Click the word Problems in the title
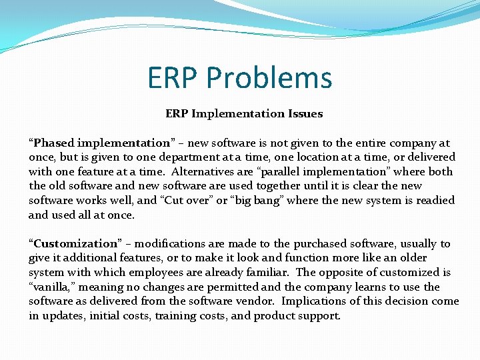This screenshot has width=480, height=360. [269, 78]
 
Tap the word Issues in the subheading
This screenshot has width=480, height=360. [306, 114]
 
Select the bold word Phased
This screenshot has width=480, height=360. [55, 143]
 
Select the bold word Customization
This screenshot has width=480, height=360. [75, 243]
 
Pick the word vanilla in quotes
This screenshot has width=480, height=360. [51, 287]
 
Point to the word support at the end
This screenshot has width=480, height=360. [320, 315]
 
